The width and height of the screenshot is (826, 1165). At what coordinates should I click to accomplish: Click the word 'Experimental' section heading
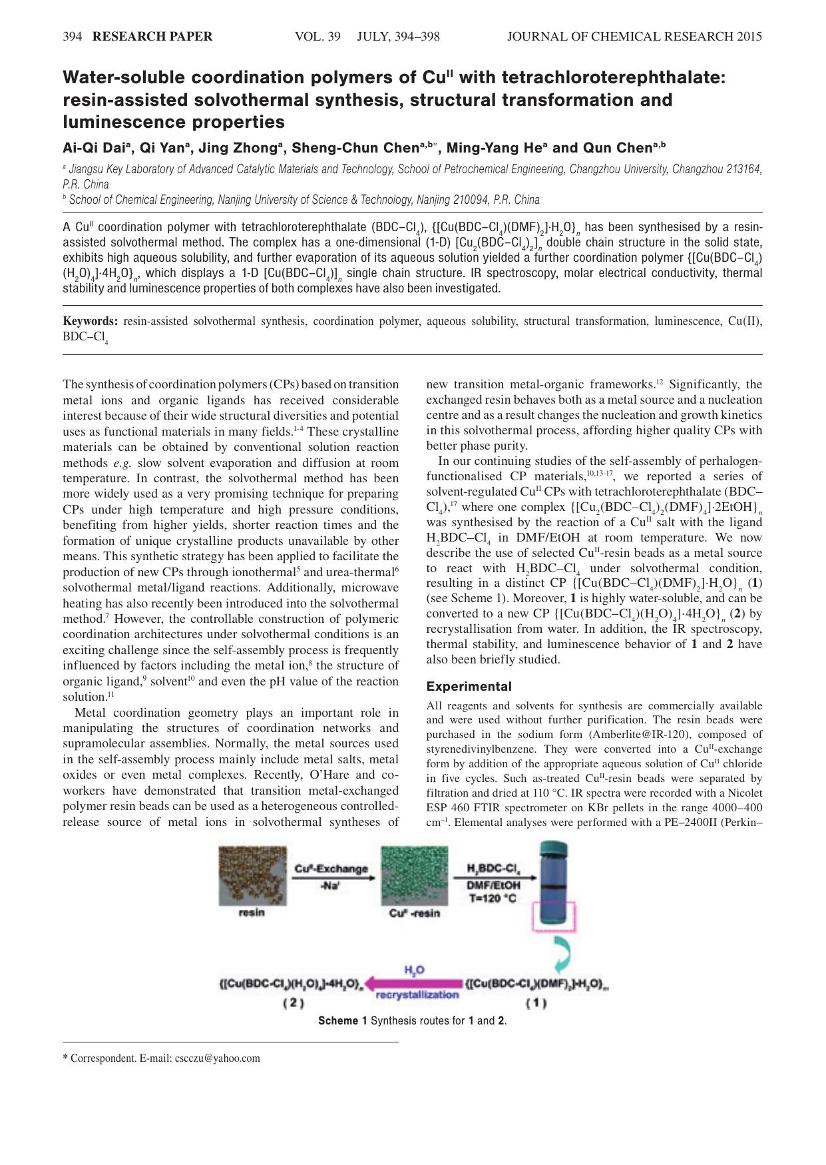coord(469,686)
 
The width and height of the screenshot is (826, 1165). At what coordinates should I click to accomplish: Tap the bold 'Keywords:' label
coord(90,321)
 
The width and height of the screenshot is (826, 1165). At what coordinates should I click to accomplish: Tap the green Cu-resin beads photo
coord(414,875)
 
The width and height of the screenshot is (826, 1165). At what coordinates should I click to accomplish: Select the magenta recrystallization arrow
coord(413,983)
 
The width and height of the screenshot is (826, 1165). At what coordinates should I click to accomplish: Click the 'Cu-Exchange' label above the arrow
coord(331,869)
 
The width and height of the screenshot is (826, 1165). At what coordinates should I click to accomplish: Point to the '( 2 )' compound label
coord(294,1002)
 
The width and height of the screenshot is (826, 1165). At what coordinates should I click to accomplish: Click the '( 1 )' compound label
coord(536,1002)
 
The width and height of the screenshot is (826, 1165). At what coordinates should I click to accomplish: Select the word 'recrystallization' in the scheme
coord(417,994)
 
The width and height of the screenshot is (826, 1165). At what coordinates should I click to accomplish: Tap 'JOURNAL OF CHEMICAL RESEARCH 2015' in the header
coord(634,37)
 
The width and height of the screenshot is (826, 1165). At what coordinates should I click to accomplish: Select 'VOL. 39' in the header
coord(317,37)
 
